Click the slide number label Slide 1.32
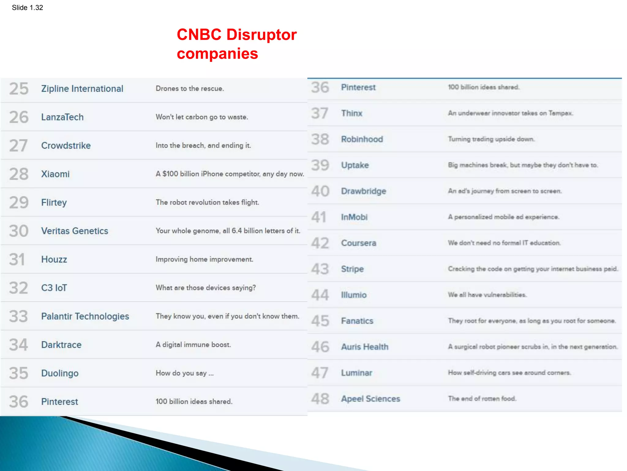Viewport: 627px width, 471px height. click(x=27, y=8)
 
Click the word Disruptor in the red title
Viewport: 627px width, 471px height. click(x=261, y=35)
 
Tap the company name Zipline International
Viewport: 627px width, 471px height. click(x=82, y=89)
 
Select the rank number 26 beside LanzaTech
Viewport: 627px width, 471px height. click(x=19, y=117)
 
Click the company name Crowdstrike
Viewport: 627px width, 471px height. click(x=66, y=146)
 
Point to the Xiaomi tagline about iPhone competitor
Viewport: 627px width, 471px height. click(x=230, y=174)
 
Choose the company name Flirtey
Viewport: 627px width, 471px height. click(x=54, y=202)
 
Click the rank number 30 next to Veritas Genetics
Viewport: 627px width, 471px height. click(x=19, y=231)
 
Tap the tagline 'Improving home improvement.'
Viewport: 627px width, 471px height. click(x=204, y=259)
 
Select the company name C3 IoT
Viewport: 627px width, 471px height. click(x=54, y=288)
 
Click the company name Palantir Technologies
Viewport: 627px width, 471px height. click(x=85, y=316)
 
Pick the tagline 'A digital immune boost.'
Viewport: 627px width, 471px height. click(x=193, y=345)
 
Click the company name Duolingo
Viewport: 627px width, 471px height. click(x=60, y=373)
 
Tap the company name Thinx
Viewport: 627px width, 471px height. click(x=351, y=113)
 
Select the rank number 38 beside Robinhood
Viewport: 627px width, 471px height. click(x=320, y=139)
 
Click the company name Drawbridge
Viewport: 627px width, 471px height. click(x=363, y=191)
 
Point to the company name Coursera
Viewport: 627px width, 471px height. click(x=359, y=243)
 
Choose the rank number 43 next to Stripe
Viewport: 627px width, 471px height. click(x=320, y=269)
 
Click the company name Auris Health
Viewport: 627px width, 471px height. click(x=365, y=347)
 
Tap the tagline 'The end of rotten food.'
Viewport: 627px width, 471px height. click(x=482, y=399)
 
